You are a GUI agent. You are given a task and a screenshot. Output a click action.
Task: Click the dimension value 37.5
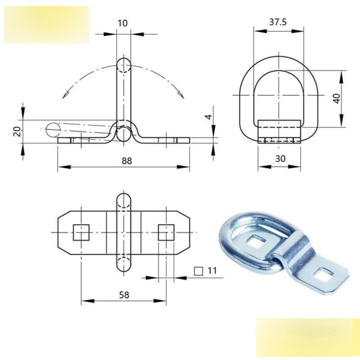point(278,22)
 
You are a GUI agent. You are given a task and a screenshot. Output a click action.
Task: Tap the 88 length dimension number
point(127,161)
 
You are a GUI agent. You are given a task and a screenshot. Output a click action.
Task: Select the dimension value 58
point(124,295)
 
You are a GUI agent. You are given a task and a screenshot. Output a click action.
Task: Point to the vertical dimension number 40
point(336,99)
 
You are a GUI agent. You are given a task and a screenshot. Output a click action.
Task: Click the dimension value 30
point(280,158)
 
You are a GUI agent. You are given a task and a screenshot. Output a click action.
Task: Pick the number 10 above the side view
point(123,23)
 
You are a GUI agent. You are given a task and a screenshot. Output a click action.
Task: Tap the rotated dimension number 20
point(18,131)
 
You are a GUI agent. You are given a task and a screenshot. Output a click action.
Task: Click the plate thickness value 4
point(209,117)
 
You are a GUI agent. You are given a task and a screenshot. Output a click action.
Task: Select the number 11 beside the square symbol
point(212,271)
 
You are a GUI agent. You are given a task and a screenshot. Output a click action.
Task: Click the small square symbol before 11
point(198,271)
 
